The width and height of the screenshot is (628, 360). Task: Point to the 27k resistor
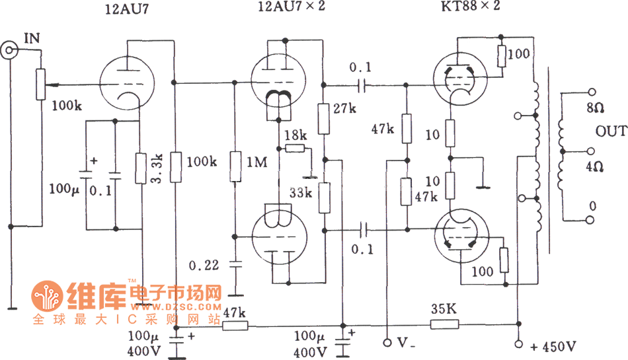(x=324, y=118)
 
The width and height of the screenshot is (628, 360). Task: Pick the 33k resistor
(x=324, y=198)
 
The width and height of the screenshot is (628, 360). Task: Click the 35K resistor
(x=444, y=324)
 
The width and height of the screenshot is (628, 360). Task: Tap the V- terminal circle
(x=387, y=343)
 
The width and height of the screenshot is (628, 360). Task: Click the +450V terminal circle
(x=518, y=343)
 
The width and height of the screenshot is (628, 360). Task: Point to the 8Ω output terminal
(x=592, y=92)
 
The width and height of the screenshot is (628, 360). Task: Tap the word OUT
(x=611, y=131)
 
